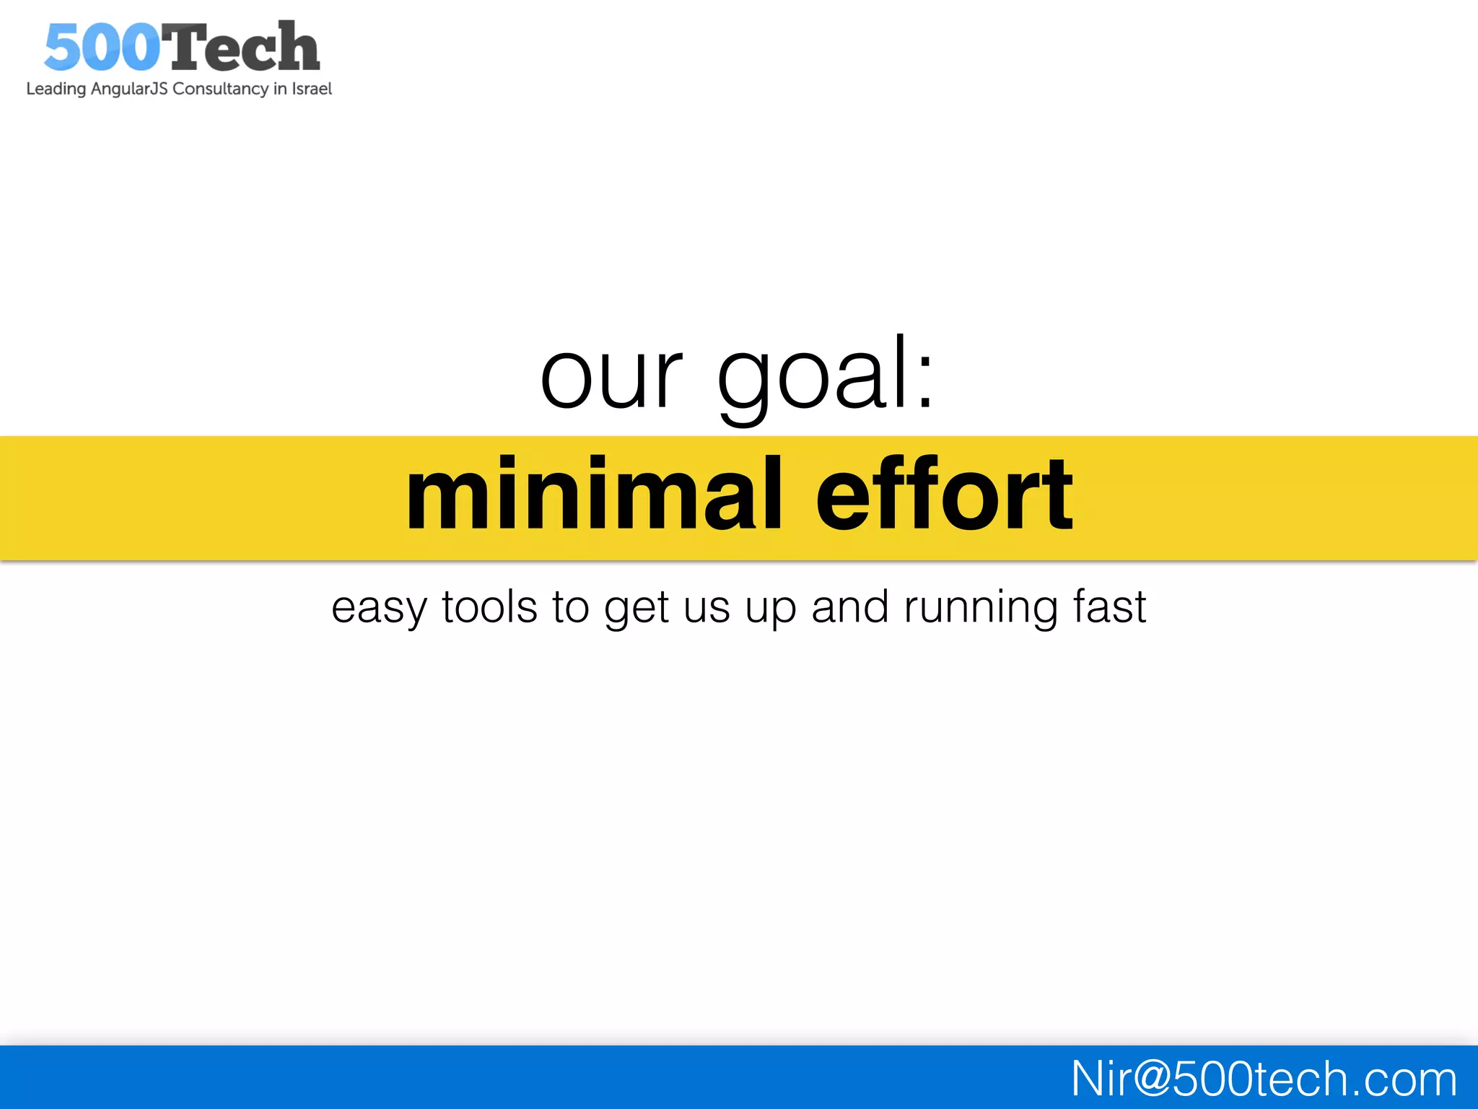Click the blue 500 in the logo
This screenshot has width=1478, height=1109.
(x=101, y=48)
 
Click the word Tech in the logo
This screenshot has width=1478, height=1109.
(x=240, y=48)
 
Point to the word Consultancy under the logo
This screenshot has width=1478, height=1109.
(x=220, y=89)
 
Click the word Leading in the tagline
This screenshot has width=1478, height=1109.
(x=56, y=89)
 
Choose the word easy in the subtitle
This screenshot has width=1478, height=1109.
(x=379, y=608)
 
